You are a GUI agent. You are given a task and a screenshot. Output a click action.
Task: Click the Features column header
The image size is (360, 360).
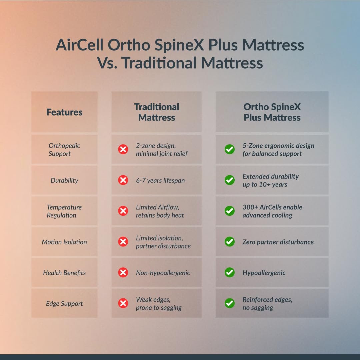pos(64,112)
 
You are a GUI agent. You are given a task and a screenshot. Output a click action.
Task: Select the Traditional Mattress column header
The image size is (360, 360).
pos(156,112)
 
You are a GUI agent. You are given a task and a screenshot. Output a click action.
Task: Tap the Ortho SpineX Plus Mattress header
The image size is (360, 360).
pos(272,112)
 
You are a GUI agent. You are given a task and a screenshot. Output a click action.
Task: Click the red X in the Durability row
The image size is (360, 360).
pos(123,180)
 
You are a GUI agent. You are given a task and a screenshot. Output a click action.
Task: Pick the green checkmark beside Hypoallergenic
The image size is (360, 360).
pos(230,272)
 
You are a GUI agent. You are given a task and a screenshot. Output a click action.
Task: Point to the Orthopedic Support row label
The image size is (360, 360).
pos(64,150)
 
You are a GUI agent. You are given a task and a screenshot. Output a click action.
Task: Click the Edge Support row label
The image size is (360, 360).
pos(64,303)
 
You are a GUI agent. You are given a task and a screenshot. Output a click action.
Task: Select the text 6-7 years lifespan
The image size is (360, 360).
pos(160,180)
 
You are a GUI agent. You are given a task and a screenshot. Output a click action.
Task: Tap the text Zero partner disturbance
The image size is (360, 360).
pos(278,242)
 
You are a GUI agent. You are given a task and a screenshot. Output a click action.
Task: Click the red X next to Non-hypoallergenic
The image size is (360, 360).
pos(123,272)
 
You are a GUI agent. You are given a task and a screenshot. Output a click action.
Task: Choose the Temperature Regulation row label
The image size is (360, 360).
pos(64,211)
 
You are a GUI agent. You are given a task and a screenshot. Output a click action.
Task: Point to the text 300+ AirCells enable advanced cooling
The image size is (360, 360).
pos(272,211)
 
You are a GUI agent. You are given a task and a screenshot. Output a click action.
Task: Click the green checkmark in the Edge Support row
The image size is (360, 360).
pos(230,303)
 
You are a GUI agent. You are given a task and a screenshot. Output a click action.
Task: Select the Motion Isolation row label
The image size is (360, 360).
pos(64,242)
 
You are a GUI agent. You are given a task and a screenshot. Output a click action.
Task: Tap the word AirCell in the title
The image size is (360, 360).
pos(79,45)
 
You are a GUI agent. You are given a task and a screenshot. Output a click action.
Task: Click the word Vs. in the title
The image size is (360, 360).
pos(107,63)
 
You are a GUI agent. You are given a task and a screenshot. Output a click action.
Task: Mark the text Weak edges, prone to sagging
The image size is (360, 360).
pos(159,303)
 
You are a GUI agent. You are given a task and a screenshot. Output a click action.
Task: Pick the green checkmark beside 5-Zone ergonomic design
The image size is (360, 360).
pos(230,149)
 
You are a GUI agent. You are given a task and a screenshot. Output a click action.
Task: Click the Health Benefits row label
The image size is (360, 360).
pos(64,273)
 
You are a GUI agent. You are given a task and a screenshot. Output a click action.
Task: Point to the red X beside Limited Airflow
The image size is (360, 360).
pos(123,211)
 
